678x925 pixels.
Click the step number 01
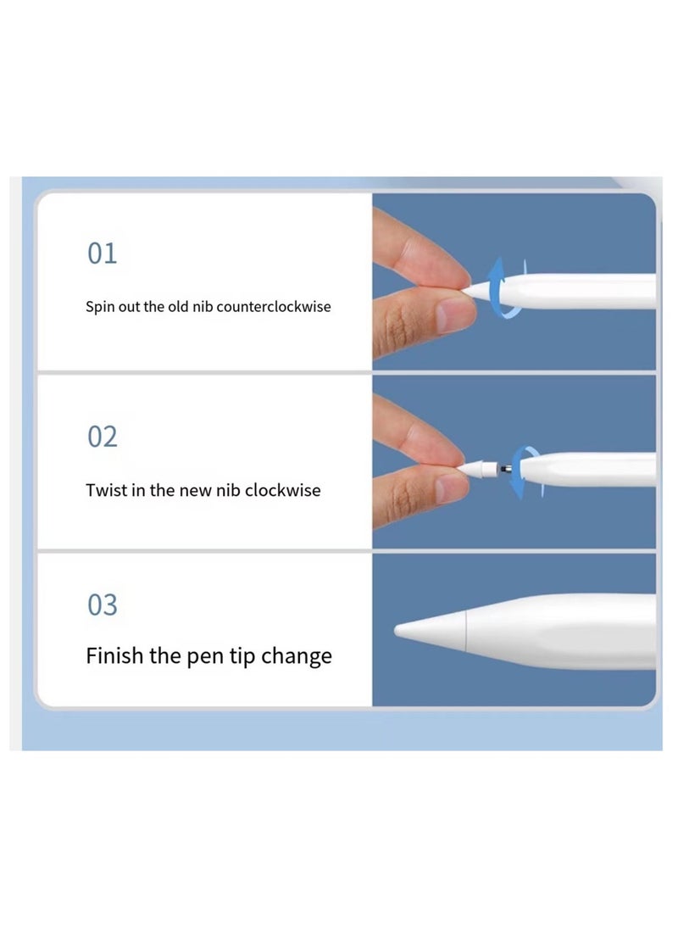(x=102, y=254)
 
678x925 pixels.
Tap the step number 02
(x=102, y=437)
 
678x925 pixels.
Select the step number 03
(x=102, y=605)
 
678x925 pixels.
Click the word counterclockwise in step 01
(x=274, y=307)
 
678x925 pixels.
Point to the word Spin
(x=99, y=307)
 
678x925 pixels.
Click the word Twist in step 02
(x=106, y=490)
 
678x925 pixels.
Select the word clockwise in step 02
(x=283, y=490)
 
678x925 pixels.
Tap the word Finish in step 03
(x=114, y=655)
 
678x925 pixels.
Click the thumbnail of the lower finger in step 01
(x=453, y=316)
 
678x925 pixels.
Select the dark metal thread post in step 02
(x=505, y=468)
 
